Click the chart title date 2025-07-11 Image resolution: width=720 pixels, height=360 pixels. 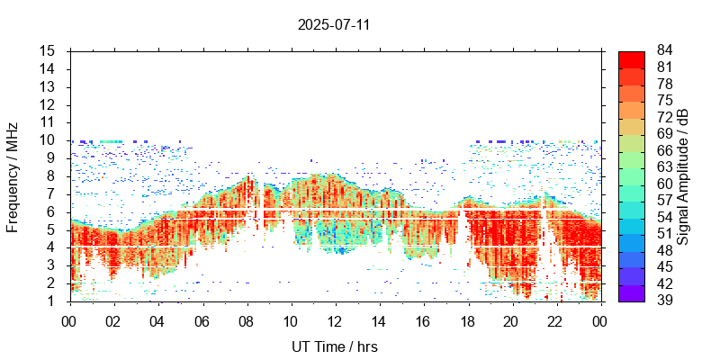(x=334, y=24)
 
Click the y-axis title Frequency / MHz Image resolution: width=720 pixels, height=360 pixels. (x=13, y=175)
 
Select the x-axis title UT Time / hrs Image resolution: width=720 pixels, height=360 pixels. (x=334, y=346)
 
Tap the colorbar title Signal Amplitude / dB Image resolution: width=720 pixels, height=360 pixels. (x=684, y=175)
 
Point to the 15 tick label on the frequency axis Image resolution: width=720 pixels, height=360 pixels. (x=49, y=50)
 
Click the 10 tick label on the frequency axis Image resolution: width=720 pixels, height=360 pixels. (x=49, y=139)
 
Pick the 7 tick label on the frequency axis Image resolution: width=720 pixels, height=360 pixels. (x=52, y=193)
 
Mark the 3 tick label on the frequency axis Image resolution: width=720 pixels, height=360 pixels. (x=52, y=265)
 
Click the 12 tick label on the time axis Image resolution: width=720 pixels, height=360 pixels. (x=334, y=321)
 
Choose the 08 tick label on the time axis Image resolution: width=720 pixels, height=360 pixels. (x=246, y=321)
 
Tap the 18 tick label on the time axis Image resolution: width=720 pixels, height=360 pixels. (x=466, y=321)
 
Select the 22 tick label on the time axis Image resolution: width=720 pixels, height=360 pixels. (x=554, y=321)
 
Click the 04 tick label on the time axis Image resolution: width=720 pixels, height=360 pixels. (x=157, y=321)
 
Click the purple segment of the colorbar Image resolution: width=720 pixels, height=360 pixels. (x=632, y=292)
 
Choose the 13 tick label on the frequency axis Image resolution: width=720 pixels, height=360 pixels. (x=49, y=86)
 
